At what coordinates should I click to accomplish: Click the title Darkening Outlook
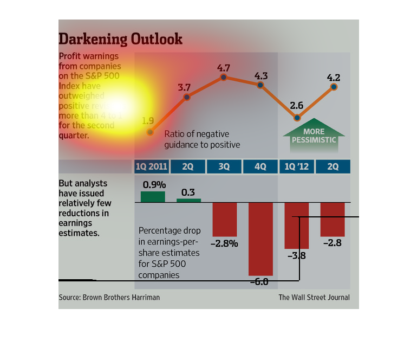click(120, 39)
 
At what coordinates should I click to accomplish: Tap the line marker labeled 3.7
click(187, 97)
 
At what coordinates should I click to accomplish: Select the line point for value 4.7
click(224, 78)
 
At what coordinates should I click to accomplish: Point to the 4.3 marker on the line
click(260, 85)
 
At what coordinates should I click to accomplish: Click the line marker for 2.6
click(297, 118)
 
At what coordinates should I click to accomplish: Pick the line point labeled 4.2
click(334, 87)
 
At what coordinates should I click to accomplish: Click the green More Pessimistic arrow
click(314, 134)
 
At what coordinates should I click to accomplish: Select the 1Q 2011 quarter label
click(151, 166)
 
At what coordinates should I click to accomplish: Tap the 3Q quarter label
click(224, 166)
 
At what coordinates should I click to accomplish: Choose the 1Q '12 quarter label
click(296, 166)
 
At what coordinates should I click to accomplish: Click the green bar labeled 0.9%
click(153, 196)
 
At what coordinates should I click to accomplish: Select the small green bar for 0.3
click(188, 200)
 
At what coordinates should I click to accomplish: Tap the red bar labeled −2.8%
click(225, 218)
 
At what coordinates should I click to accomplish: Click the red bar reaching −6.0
click(260, 239)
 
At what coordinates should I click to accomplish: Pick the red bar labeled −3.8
click(297, 225)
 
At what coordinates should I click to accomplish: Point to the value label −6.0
click(260, 282)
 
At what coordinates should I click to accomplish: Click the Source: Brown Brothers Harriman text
click(109, 297)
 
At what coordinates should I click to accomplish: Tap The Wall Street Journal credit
click(314, 297)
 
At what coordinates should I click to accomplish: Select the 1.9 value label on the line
click(147, 121)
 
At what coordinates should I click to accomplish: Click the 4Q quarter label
click(260, 166)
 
